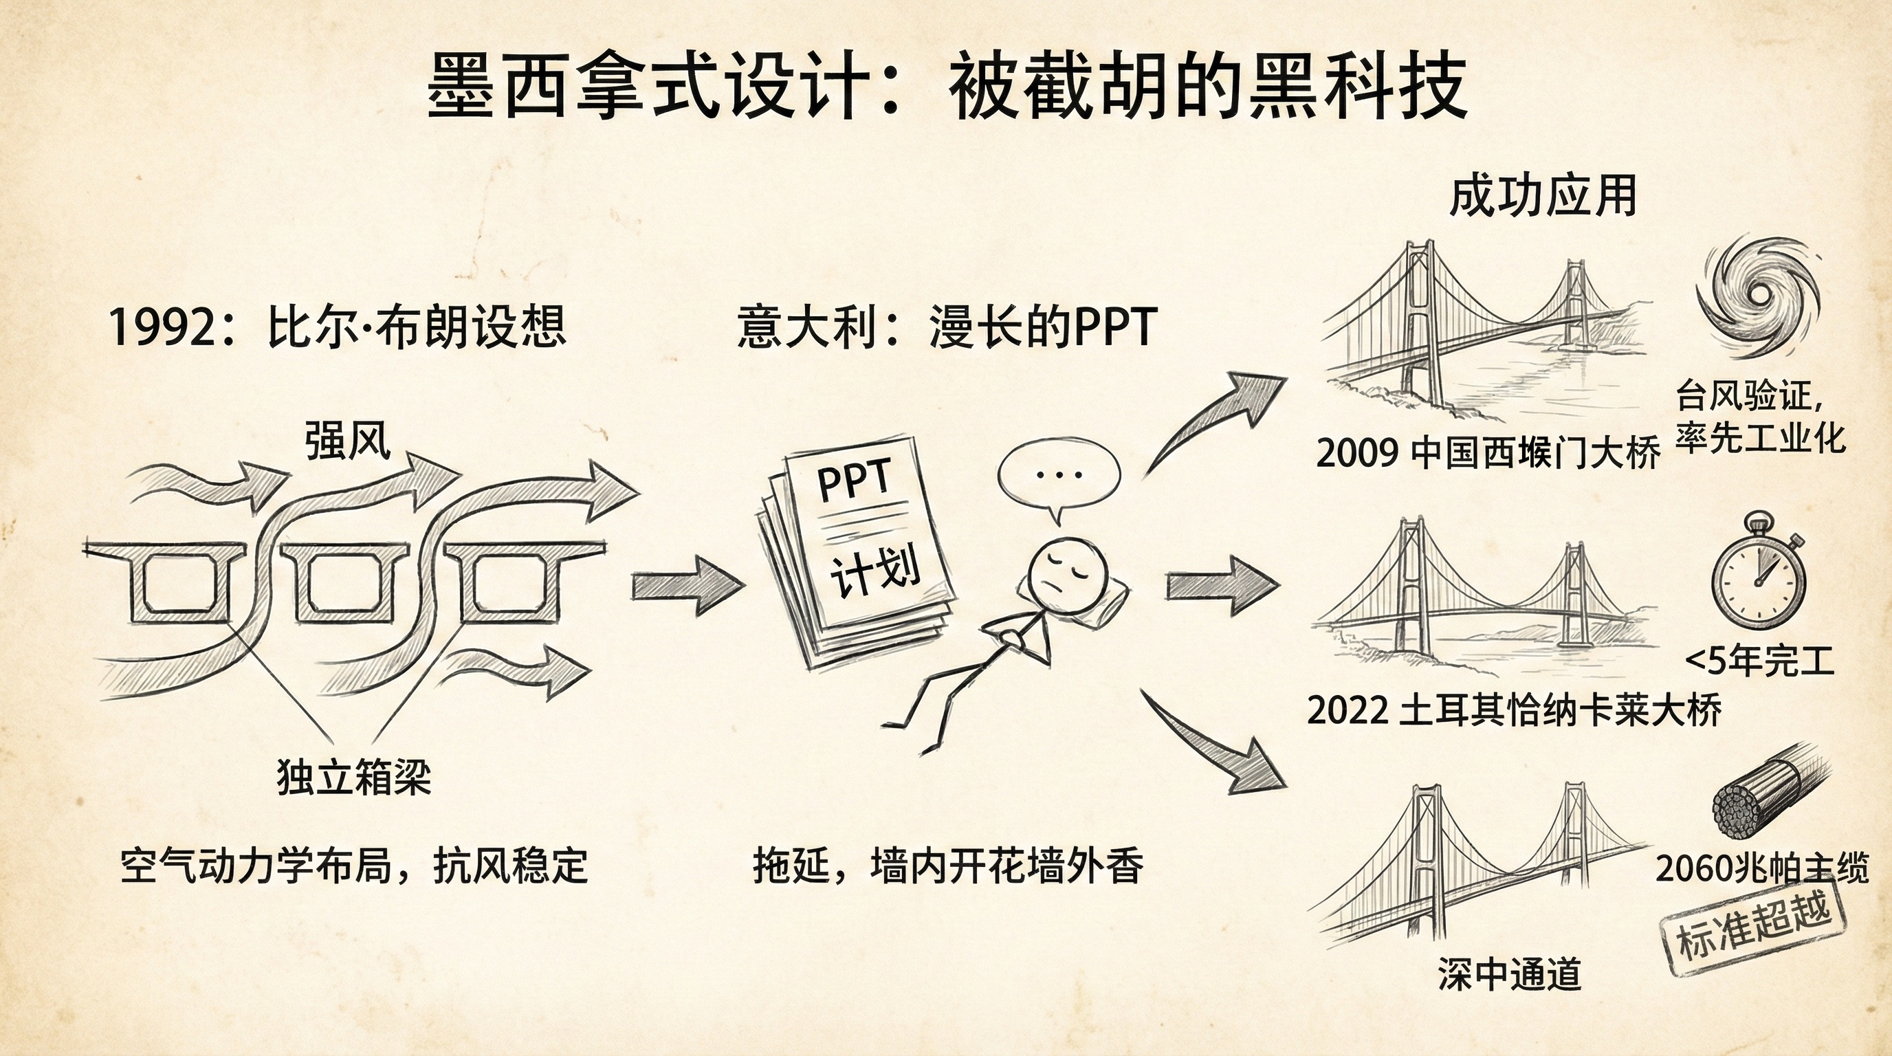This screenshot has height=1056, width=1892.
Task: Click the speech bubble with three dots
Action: [x=1058, y=475]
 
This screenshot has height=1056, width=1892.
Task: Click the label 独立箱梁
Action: [x=354, y=777]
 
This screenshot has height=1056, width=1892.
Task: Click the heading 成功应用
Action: [x=1542, y=197]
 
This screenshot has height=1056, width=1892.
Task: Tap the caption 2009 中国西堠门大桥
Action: [x=1488, y=452]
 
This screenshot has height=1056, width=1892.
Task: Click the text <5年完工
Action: [x=1759, y=661]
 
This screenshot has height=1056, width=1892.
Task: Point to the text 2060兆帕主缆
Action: [x=1761, y=870]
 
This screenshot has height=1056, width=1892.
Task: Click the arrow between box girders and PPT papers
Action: [x=687, y=585]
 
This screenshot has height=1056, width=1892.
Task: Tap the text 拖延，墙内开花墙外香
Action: [x=947, y=866]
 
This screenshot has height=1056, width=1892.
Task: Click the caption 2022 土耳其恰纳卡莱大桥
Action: [x=1514, y=710]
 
